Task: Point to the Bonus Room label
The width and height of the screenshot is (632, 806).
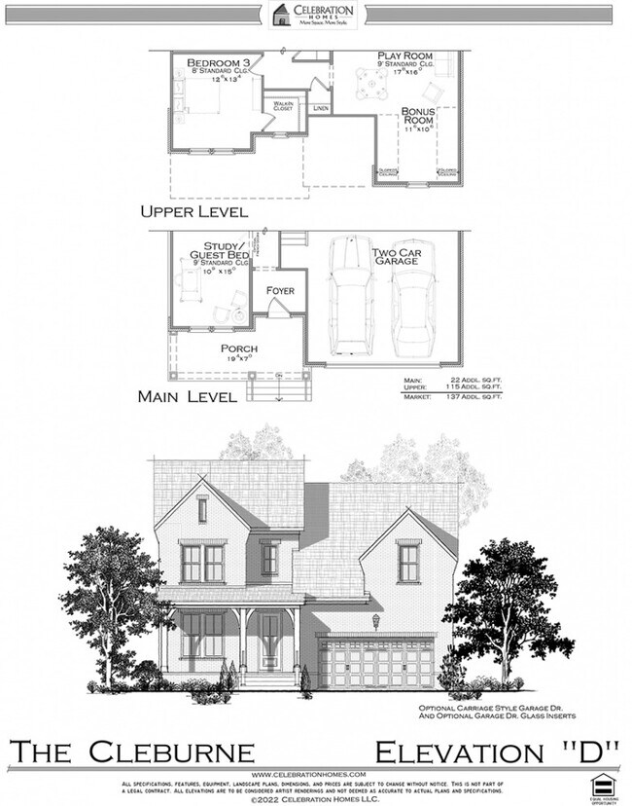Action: pyautogui.click(x=418, y=116)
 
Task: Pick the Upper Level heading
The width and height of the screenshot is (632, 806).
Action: pyautogui.click(x=193, y=210)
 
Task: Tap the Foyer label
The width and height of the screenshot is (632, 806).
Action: pyautogui.click(x=280, y=291)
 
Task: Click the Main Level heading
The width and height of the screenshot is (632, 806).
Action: pyautogui.click(x=189, y=396)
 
